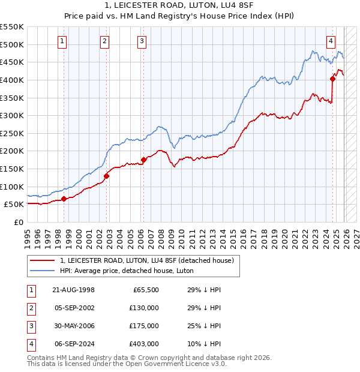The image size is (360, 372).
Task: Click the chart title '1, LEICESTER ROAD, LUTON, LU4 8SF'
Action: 179,5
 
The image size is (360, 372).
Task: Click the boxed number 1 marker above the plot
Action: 63,41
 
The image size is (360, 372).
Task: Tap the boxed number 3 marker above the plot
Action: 142,41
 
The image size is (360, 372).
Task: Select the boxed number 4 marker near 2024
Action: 331,41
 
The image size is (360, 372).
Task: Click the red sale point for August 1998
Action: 64,199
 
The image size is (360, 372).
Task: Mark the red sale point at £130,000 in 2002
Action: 106,176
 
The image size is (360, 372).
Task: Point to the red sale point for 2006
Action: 143,160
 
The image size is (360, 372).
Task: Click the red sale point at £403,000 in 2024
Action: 332,78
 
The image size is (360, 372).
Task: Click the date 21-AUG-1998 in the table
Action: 73,290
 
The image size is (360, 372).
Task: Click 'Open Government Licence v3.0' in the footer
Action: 179,364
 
